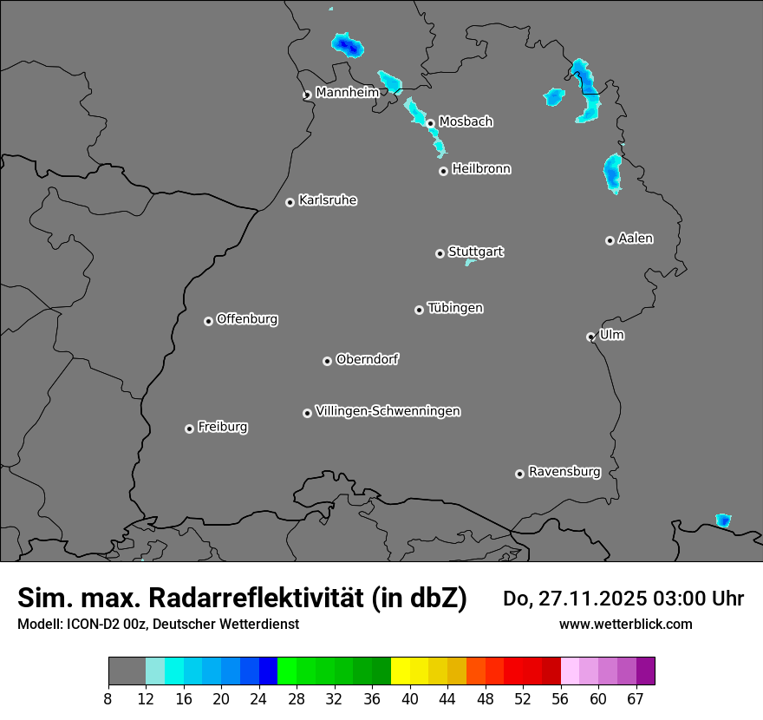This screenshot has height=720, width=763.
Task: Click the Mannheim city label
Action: [347, 92]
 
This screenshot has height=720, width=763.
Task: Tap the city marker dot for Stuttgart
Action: [440, 253]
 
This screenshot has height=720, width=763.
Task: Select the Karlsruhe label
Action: [327, 200]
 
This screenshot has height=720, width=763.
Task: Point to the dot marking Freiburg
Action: [189, 429]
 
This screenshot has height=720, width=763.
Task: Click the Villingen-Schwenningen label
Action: [388, 411]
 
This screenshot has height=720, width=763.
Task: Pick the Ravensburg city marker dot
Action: [519, 474]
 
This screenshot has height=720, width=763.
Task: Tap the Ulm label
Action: [611, 335]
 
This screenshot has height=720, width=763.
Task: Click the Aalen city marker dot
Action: [610, 240]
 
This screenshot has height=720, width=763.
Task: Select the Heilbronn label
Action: [481, 169]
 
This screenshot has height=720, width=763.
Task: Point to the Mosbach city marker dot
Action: [430, 123]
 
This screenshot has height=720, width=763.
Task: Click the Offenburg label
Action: [246, 319]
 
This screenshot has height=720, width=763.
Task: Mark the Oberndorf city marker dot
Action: [327, 361]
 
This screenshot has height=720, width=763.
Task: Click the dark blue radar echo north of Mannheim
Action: [347, 45]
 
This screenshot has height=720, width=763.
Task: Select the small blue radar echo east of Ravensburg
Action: [722, 520]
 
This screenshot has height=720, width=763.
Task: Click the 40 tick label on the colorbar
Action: [410, 698]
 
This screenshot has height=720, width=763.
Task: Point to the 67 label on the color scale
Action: [636, 698]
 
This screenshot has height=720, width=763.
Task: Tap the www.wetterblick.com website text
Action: [625, 624]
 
